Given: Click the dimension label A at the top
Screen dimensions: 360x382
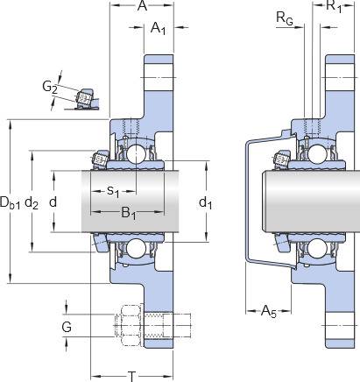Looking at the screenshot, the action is click(x=142, y=5).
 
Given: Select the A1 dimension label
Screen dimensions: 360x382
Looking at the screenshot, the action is click(x=159, y=28).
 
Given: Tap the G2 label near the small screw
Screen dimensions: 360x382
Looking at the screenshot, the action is click(x=50, y=88).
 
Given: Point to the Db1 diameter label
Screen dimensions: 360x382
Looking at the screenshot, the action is click(x=10, y=202).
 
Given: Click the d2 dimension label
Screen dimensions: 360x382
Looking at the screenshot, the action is click(x=32, y=202).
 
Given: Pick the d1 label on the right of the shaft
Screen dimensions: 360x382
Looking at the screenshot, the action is click(x=205, y=202).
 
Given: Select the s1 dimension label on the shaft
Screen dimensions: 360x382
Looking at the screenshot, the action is click(x=113, y=192).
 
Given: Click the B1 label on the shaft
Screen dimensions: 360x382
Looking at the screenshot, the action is click(x=129, y=213).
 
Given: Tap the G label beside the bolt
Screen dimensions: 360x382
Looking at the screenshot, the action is click(x=67, y=327).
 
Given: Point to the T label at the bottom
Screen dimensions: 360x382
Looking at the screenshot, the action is click(x=132, y=376).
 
